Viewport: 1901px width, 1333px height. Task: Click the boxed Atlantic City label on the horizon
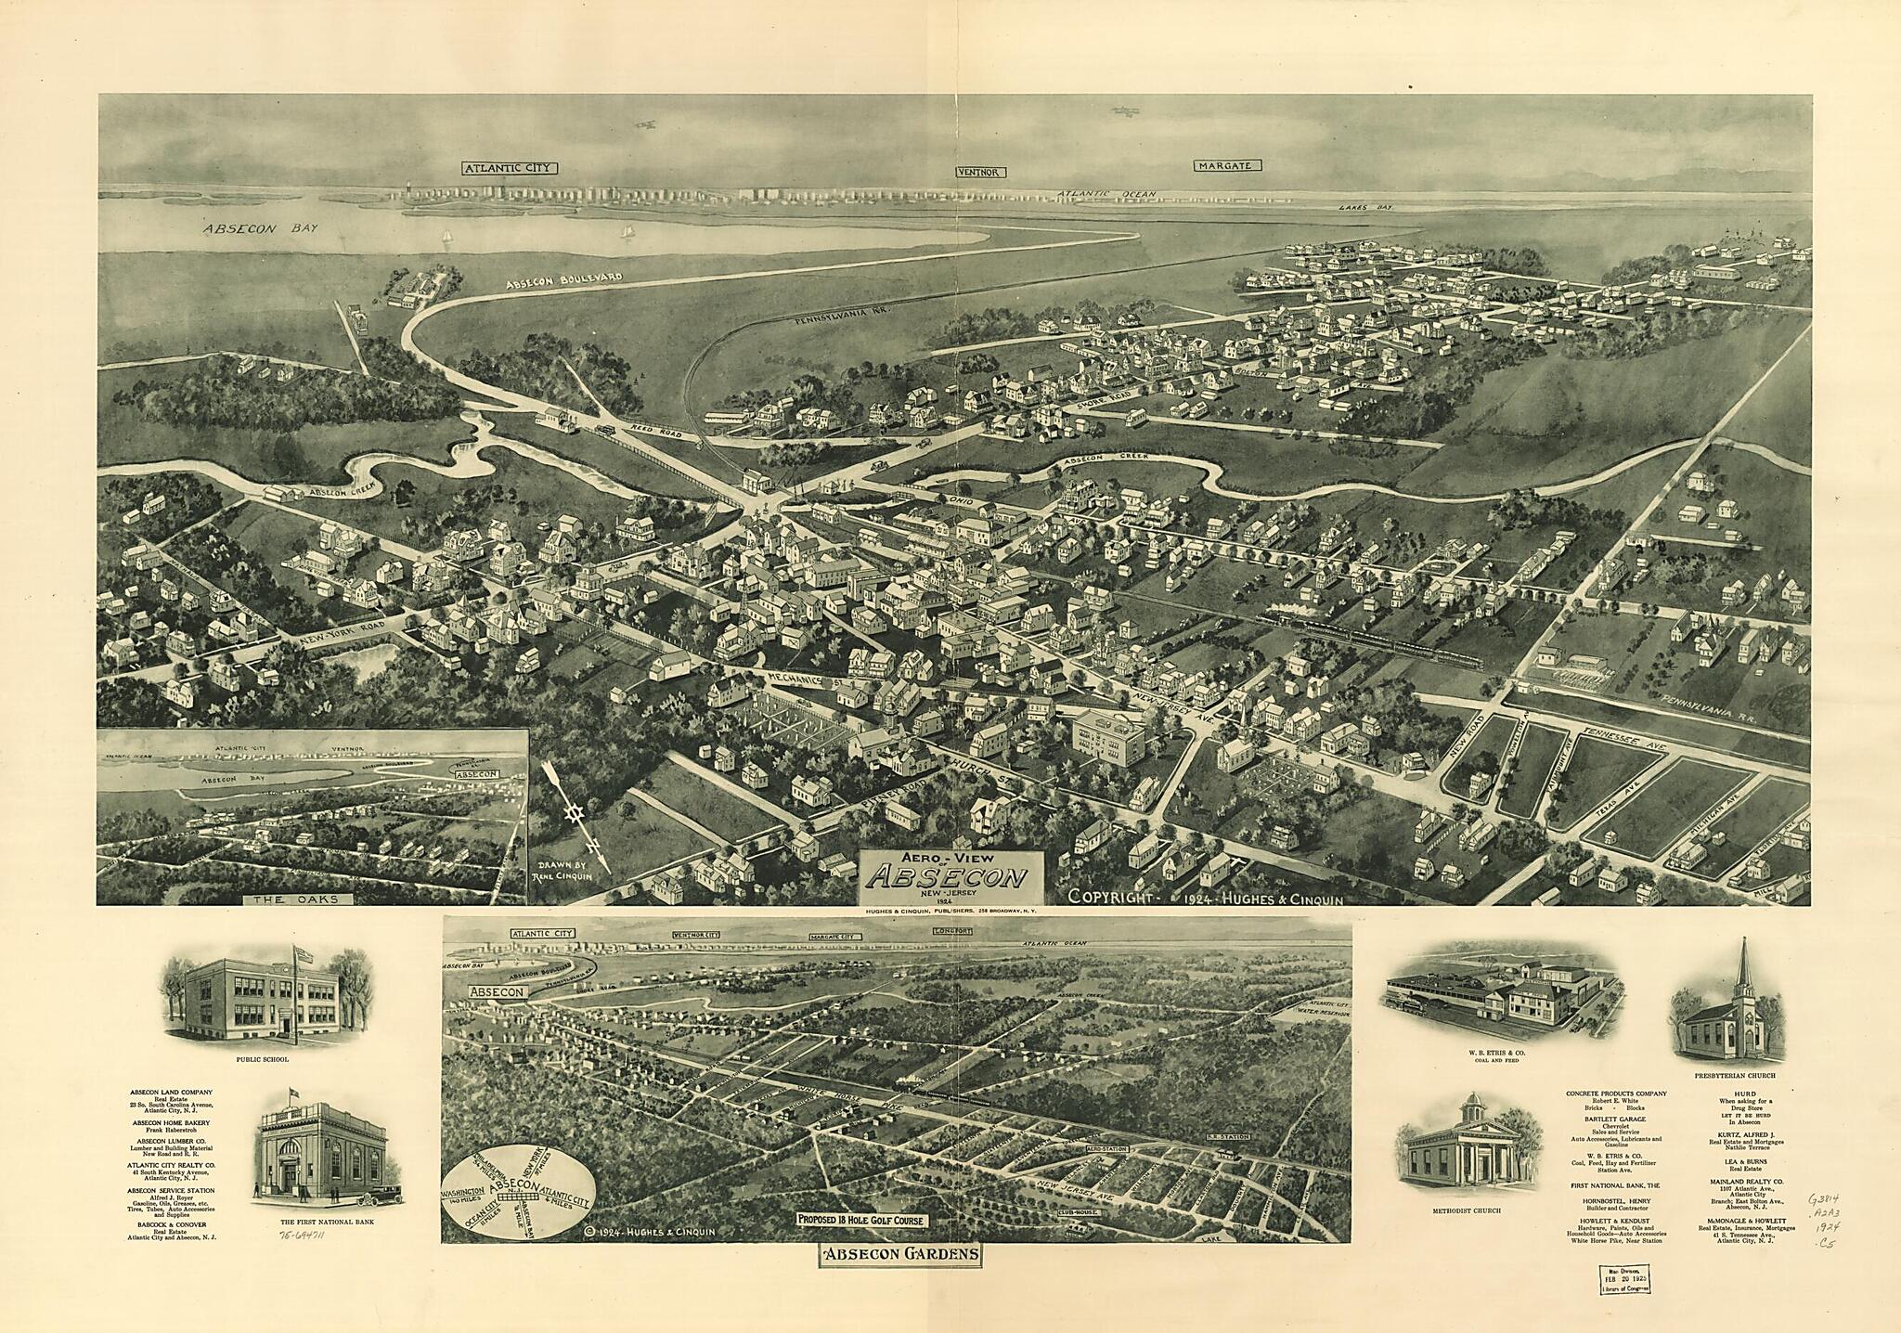509,169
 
